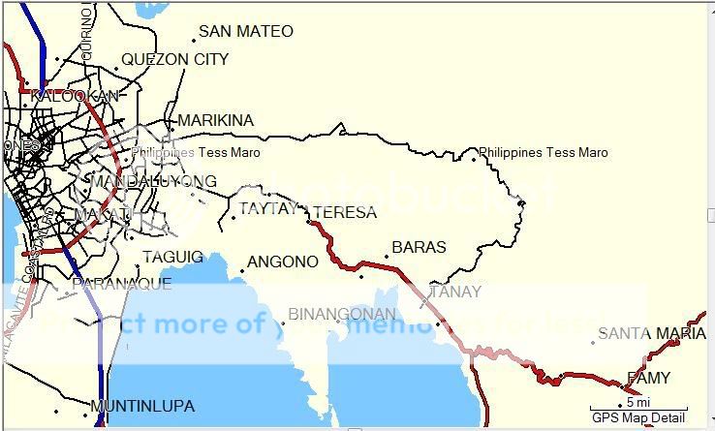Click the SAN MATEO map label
coord(246,32)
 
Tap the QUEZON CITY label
coord(175,59)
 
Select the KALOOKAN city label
coord(75,96)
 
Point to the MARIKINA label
coord(216,120)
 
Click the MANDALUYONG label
coord(153,181)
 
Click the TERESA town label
coord(346,212)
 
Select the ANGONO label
coord(283,262)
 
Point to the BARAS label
coord(419,247)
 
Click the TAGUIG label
coord(173,257)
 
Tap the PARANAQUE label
coord(122,284)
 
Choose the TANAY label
coord(455,292)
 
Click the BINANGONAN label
coord(342,314)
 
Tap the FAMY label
coord(648,378)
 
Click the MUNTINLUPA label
coord(142,406)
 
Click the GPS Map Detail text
coord(639,417)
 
